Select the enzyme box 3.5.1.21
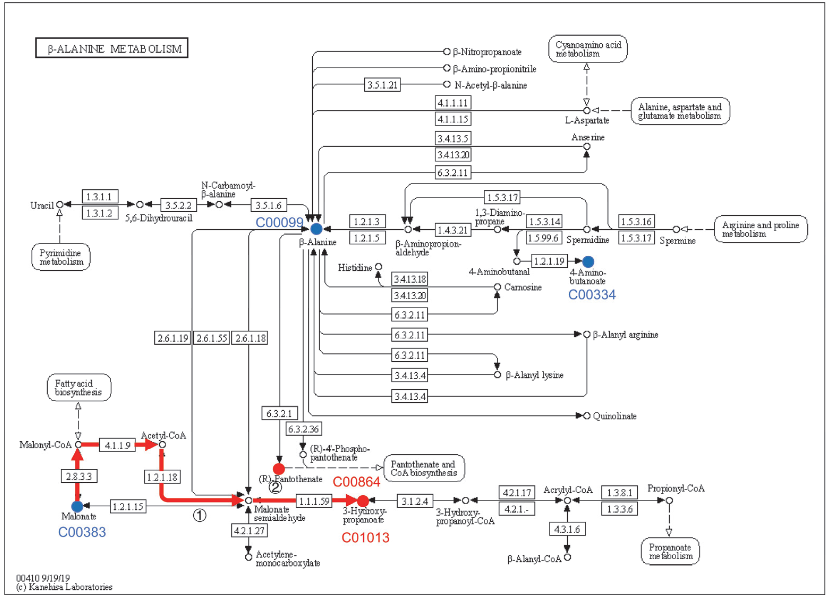tap(382, 85)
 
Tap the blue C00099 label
tap(279, 222)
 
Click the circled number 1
tap(199, 516)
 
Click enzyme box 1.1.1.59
tap(314, 501)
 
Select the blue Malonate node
tap(77, 506)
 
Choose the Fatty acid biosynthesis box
tap(79, 387)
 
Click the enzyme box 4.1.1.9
tap(117, 445)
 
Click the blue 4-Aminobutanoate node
tap(588, 261)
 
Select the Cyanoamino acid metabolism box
tap(588, 49)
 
